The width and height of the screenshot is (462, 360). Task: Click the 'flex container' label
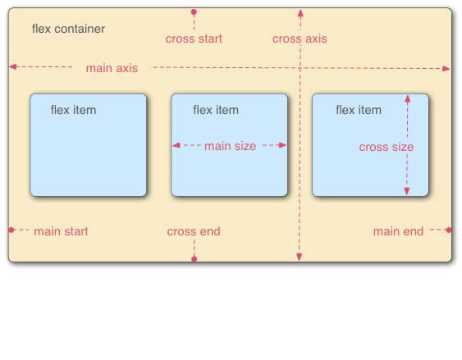[x=68, y=29]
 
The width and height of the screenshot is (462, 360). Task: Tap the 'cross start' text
[x=194, y=39]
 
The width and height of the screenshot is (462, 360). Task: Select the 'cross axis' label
[x=300, y=39]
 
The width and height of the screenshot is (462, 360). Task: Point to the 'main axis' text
[x=112, y=68]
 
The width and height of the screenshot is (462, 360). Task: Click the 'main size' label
[x=230, y=146]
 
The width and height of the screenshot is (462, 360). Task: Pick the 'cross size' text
[x=387, y=147]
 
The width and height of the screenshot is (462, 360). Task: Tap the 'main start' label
[x=61, y=231]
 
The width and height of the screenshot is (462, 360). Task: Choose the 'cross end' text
[x=194, y=231]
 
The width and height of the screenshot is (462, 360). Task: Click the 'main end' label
[x=398, y=231]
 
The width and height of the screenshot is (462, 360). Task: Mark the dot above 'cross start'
[x=194, y=12]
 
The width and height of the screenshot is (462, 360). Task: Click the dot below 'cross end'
[x=194, y=259]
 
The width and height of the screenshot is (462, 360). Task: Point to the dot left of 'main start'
[x=11, y=230]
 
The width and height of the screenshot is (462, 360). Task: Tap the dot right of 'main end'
[x=449, y=230]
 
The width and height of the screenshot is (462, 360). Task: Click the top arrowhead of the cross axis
[x=300, y=13]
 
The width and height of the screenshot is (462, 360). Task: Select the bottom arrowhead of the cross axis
[x=299, y=257]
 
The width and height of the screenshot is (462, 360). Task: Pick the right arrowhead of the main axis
[x=446, y=69]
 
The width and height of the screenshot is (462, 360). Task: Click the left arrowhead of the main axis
[x=13, y=66]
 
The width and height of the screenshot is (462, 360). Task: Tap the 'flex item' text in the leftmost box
[x=73, y=110]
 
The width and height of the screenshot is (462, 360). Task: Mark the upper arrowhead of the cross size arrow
[x=408, y=99]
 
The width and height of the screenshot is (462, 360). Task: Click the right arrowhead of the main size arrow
[x=282, y=145]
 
